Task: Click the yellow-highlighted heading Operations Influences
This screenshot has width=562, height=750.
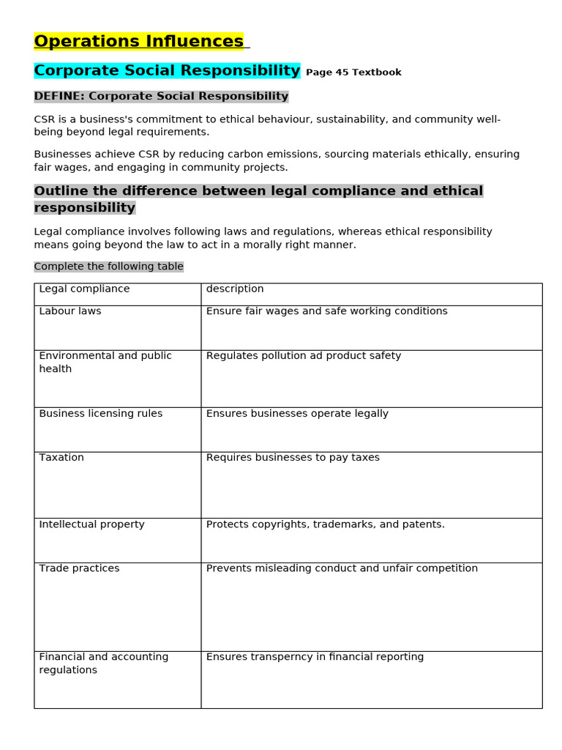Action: pos(138,42)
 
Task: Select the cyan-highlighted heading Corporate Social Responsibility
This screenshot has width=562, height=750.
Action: pos(167,71)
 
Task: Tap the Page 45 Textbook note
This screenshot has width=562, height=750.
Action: pos(353,73)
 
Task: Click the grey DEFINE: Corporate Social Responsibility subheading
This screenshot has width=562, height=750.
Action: pos(161,97)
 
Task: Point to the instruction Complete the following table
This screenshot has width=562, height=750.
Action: pos(108,267)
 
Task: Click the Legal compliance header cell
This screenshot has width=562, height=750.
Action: pos(84,289)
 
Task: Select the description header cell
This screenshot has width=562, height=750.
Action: pos(235,289)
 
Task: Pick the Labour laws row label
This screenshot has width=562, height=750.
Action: pos(70,311)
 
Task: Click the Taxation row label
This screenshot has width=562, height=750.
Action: pos(61,458)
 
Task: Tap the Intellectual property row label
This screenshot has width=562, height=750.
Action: pos(91,524)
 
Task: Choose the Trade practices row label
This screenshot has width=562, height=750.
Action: pos(79,568)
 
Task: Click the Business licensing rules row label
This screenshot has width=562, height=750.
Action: pos(101,414)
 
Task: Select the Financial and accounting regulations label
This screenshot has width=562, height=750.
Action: pos(103,663)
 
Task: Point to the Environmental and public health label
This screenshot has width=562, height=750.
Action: pos(105,362)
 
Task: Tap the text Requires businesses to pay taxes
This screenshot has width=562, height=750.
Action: pos(293,458)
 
